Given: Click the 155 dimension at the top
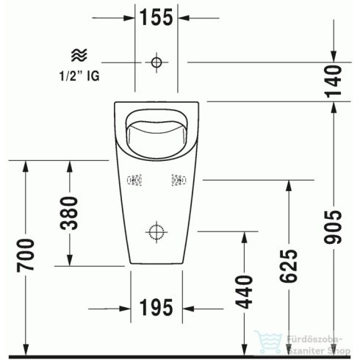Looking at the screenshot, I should (x=156, y=15).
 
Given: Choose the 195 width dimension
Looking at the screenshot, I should (x=156, y=304).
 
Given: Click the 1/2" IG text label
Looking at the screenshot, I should (x=79, y=74).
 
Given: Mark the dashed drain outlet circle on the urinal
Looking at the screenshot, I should (x=156, y=232).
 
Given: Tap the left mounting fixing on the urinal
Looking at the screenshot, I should (x=134, y=179).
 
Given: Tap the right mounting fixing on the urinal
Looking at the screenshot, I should (x=178, y=179).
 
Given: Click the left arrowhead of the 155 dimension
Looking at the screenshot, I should (x=128, y=15).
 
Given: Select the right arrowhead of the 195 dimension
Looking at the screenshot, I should (x=189, y=304).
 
